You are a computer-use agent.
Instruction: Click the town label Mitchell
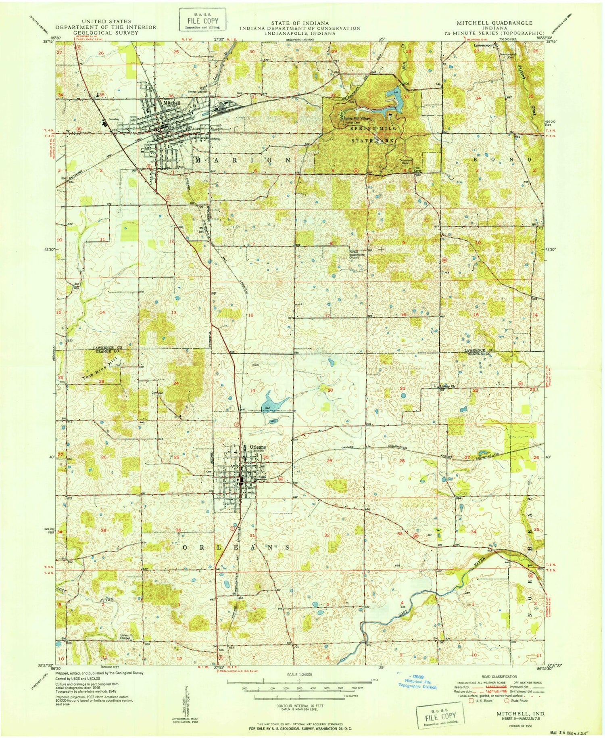coord(171,102)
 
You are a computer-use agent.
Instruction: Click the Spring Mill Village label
coord(356,117)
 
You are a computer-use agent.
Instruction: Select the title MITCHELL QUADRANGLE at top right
coord(494,23)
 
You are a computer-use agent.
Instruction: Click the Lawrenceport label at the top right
coord(484,46)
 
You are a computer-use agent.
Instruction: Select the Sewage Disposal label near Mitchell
coord(197,92)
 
